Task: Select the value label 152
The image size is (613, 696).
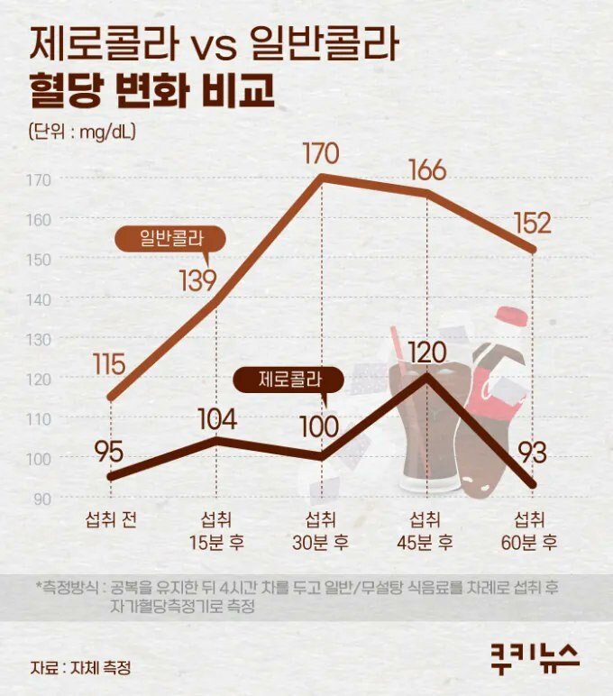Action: click(533, 222)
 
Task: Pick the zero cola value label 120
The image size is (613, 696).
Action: click(426, 352)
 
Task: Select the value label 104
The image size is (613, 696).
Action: click(217, 419)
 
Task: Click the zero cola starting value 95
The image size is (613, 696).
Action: click(109, 449)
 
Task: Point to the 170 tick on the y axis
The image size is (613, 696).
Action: click(40, 179)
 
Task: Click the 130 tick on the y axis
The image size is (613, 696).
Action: click(40, 339)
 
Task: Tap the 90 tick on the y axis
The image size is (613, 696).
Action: click(42, 498)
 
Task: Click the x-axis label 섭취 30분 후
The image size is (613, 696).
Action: click(322, 531)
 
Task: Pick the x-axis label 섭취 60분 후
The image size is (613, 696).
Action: click(532, 531)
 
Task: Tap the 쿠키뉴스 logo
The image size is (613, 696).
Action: click(535, 655)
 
